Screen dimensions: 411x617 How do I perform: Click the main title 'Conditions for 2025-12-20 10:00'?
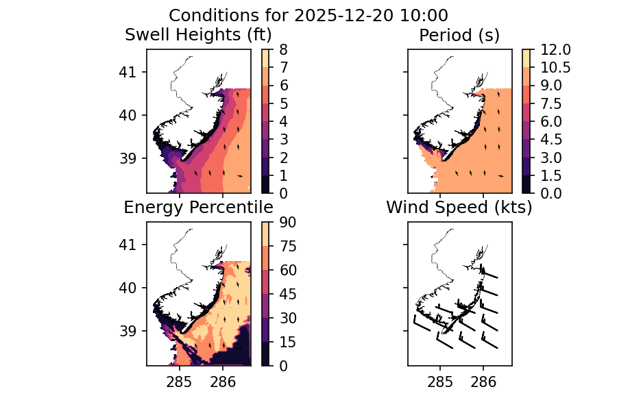(x=308, y=15)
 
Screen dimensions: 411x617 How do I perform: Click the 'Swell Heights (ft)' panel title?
(x=198, y=35)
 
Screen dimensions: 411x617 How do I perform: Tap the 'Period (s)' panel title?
(x=459, y=35)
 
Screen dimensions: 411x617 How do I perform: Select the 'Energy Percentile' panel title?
(x=198, y=208)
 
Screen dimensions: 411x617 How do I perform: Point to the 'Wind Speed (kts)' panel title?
(x=459, y=208)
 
